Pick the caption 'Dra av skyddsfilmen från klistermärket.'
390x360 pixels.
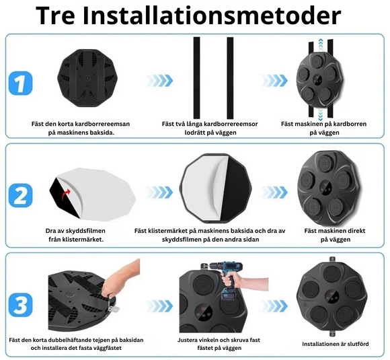pyautogui.click(x=75, y=235)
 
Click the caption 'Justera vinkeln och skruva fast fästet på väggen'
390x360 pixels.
pyautogui.click(x=216, y=345)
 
